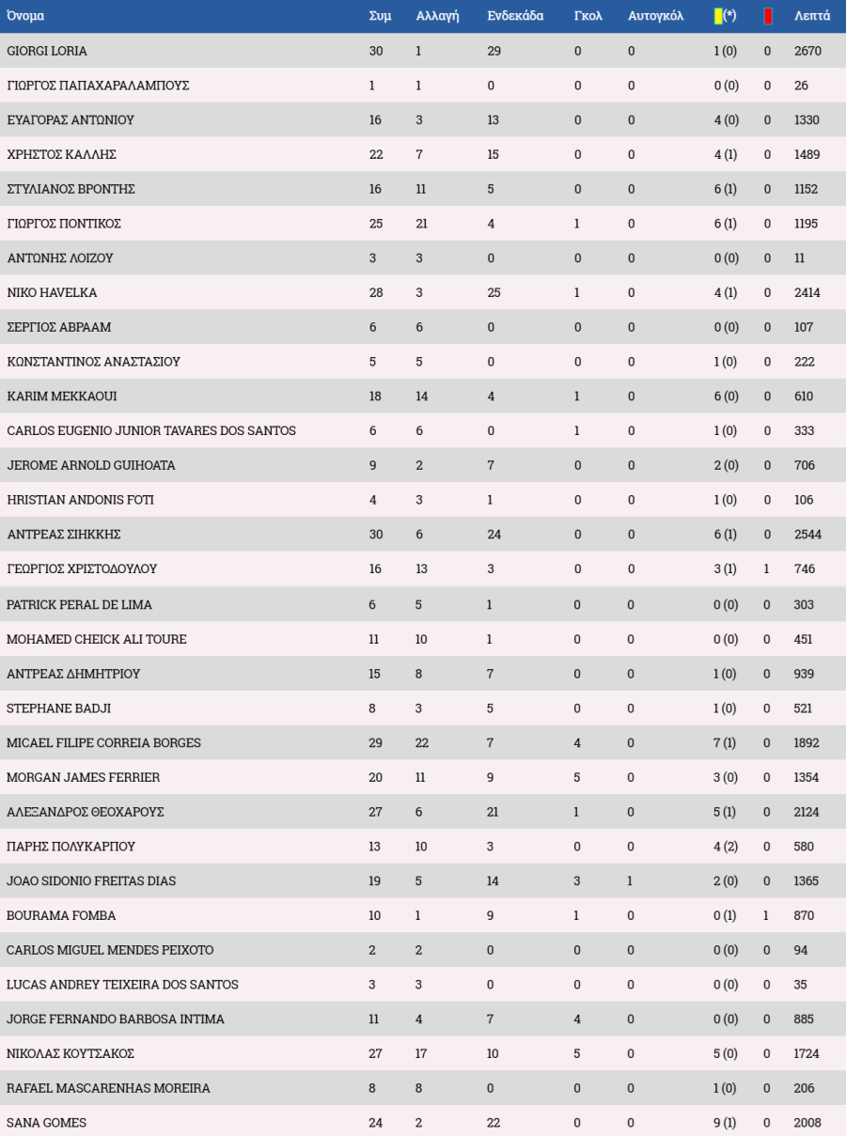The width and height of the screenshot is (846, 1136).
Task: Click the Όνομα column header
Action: point(25,16)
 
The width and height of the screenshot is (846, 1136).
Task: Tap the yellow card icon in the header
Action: point(718,16)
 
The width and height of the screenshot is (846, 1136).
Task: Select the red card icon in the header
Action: point(768,16)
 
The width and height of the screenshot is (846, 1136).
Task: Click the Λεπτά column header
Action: point(811,16)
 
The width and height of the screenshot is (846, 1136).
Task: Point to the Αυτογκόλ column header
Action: point(655,16)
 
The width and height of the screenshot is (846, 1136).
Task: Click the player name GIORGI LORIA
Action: point(47,51)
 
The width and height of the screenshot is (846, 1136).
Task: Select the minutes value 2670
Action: point(807,51)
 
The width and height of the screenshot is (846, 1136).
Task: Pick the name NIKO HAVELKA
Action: point(52,293)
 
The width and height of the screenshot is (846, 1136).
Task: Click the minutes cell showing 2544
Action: point(807,535)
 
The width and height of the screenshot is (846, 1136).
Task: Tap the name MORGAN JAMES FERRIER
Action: point(83,777)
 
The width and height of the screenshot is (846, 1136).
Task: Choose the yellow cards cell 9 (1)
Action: point(725,1123)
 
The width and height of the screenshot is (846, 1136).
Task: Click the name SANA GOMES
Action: point(46,1123)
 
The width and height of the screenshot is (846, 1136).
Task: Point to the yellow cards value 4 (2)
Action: point(725,847)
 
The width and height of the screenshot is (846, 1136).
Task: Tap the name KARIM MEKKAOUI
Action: point(62,397)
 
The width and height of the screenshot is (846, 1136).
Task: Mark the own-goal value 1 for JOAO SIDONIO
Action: point(630,881)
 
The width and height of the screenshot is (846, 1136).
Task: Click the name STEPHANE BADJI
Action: point(58,708)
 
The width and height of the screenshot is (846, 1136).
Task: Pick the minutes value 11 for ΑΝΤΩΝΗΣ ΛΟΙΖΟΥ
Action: point(800,258)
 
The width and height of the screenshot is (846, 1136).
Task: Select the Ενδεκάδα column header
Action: point(515,16)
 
